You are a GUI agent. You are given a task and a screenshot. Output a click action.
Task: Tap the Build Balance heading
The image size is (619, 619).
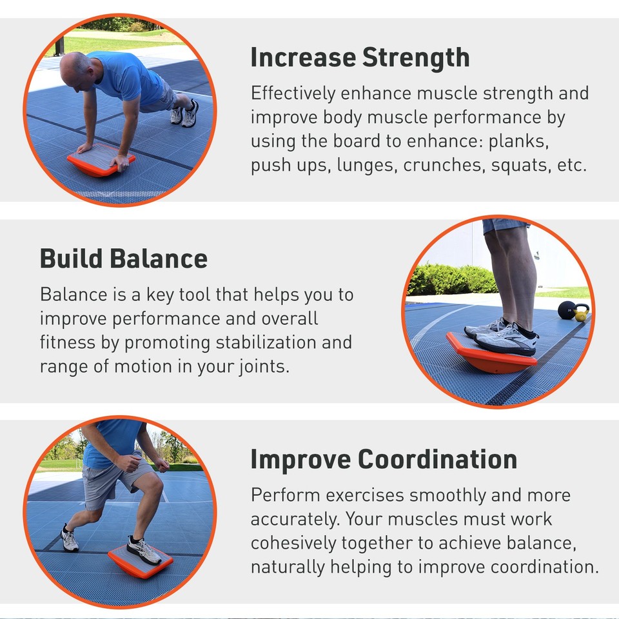point(124,259)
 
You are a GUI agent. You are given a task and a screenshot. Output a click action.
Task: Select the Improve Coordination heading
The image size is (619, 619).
point(384,460)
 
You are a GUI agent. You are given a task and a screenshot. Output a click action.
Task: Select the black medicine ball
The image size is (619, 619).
point(567,311)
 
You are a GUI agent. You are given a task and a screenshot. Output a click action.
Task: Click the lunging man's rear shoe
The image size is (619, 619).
point(70,539)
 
